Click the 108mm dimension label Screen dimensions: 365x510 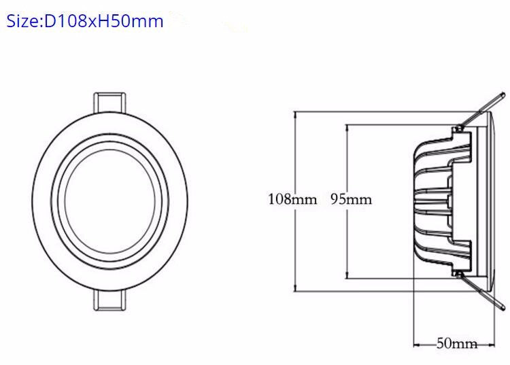click(293, 199)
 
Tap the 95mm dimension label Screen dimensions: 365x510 click(351, 199)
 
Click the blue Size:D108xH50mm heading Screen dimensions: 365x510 click(85, 21)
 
